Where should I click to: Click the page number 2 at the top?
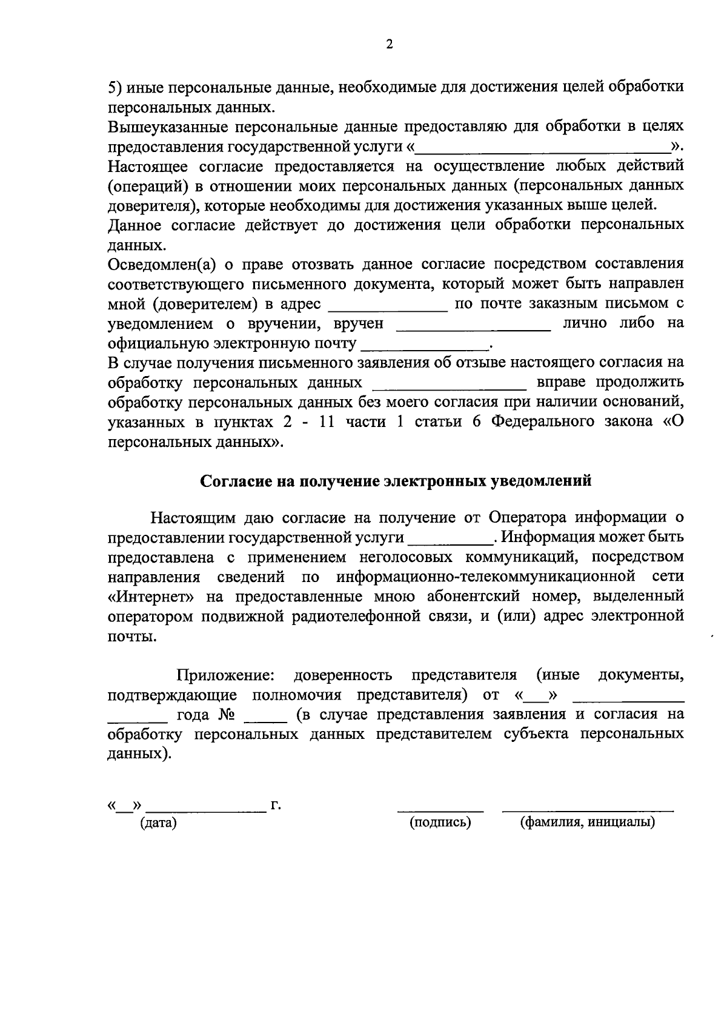click(x=390, y=44)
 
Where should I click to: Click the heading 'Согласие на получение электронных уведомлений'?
click(x=396, y=481)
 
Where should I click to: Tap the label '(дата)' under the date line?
click(x=158, y=822)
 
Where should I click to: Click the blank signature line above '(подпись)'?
click(x=440, y=810)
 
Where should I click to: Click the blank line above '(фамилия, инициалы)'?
click(x=588, y=810)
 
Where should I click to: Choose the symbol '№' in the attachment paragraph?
click(x=225, y=714)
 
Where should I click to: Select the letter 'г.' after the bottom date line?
click(x=276, y=805)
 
